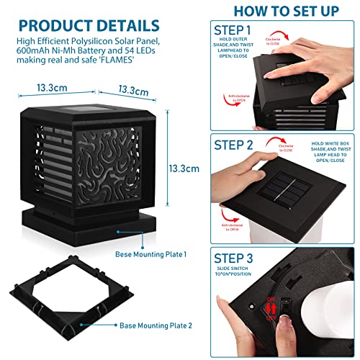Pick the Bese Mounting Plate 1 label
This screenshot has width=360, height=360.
(151, 254)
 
